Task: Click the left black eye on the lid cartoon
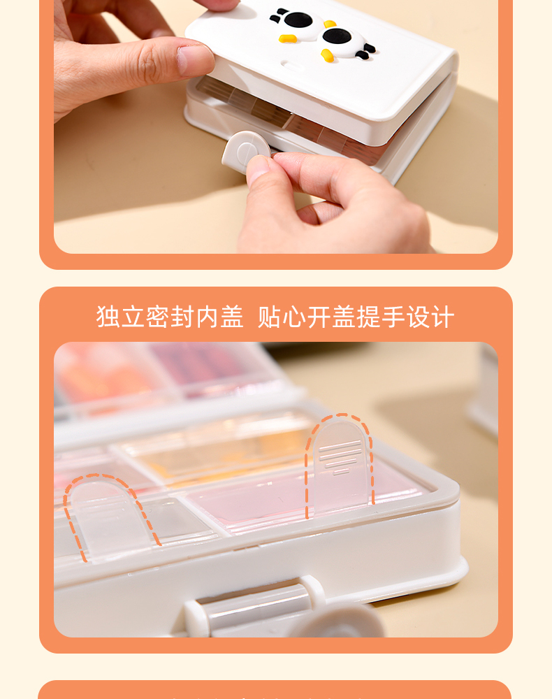coord(297,20)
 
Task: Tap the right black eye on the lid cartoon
coord(337,36)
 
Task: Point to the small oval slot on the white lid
coord(291,66)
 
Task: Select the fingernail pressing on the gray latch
coord(256,169)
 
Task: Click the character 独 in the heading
coord(108,317)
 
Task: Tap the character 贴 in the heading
coord(270,317)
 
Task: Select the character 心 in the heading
coord(294,317)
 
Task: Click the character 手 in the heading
coord(394,317)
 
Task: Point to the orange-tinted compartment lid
coord(218,450)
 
